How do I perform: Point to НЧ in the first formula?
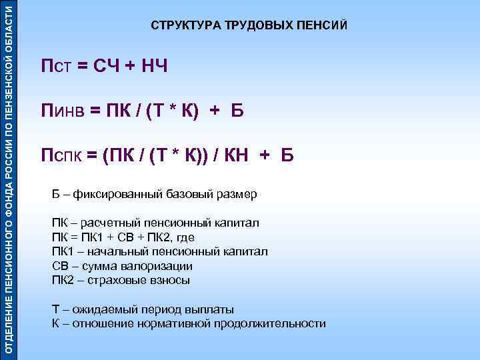pos(153,67)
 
